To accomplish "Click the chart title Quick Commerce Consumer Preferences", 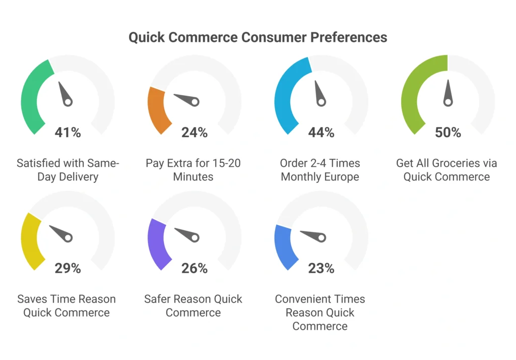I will coord(257,37).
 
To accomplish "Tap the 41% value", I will coord(68,133).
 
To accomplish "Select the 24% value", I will coord(195,133).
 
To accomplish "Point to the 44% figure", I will coord(321,133).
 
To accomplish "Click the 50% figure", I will coord(448,133).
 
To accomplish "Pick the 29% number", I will coord(68,268).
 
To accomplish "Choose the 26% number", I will coord(195,268).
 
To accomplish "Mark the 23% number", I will coord(321,268).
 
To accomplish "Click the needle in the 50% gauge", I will coord(447,94).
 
